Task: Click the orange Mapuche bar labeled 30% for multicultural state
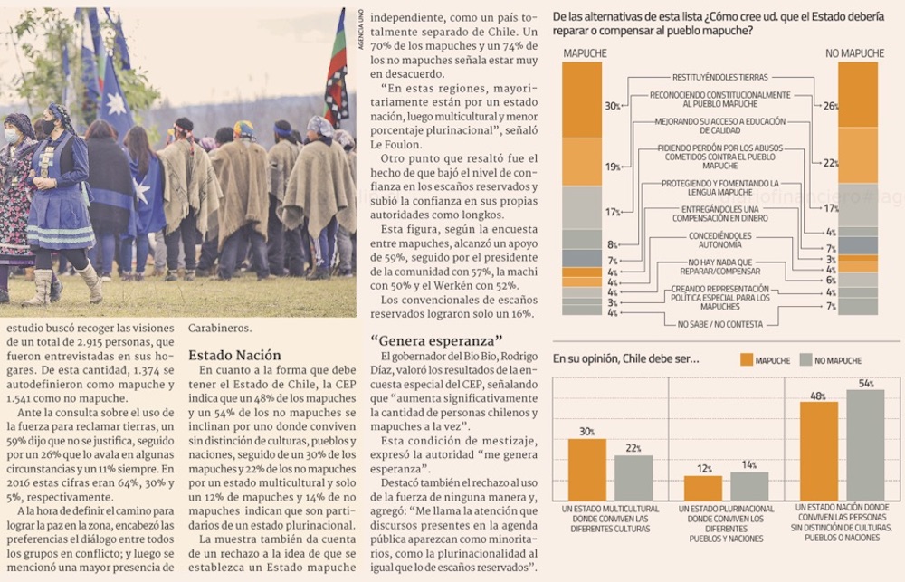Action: pyautogui.click(x=586, y=469)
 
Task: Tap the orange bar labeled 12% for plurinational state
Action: pyautogui.click(x=702, y=488)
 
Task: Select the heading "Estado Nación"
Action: pyautogui.click(x=234, y=355)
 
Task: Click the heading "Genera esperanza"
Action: pyautogui.click(x=436, y=340)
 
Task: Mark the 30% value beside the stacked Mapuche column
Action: pyautogui.click(x=613, y=106)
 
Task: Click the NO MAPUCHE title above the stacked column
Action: pyautogui.click(x=853, y=53)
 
